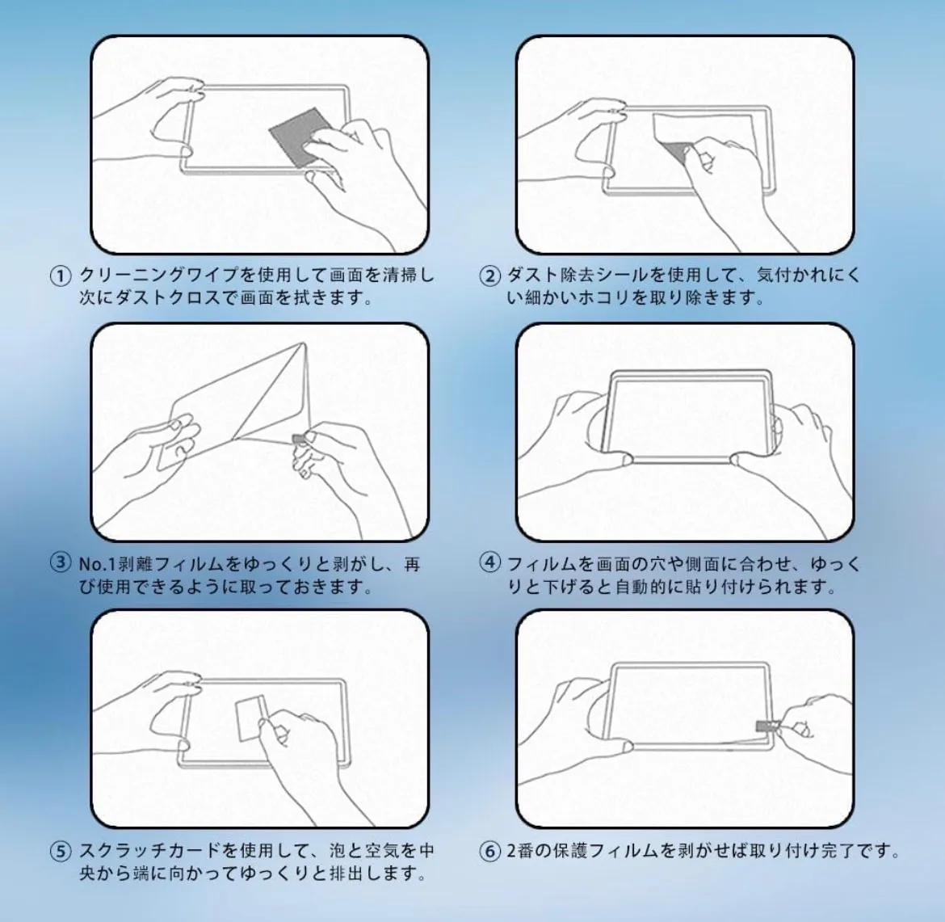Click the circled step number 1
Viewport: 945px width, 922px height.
click(x=60, y=276)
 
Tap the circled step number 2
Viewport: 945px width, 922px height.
click(x=489, y=276)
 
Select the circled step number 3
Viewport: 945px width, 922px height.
click(x=60, y=563)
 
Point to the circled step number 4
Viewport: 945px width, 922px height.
click(x=489, y=563)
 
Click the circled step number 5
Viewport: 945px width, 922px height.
click(x=60, y=852)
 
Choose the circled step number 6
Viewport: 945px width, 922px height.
click(x=489, y=852)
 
